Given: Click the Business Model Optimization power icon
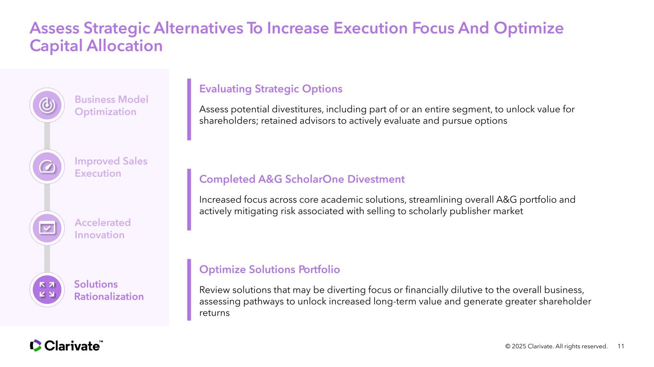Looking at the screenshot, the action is tap(47, 105).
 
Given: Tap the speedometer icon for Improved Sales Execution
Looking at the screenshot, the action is tap(47, 167).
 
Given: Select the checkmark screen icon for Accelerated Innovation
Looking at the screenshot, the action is tap(47, 229).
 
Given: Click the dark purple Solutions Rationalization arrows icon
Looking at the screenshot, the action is tap(47, 290).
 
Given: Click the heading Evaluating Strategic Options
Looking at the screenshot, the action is tap(271, 89).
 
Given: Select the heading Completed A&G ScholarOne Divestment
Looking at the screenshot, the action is tap(302, 179).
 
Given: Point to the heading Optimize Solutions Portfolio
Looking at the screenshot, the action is tap(269, 269).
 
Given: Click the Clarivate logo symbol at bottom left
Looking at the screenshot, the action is tap(35, 345).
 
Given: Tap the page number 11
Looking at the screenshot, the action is tap(621, 346).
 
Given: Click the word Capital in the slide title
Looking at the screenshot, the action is tap(56, 46).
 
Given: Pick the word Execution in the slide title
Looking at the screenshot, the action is tap(370, 28).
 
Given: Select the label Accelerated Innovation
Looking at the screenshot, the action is tap(103, 229).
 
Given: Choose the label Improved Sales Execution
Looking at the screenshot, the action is tap(111, 167).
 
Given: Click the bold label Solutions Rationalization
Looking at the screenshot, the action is tap(109, 290).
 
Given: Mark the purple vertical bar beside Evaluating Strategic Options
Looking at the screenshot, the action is tap(189, 110).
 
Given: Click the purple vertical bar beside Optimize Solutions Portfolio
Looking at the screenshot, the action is tap(189, 290).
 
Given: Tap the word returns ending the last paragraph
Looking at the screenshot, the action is tap(214, 313).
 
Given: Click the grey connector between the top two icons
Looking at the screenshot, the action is tap(47, 136).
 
